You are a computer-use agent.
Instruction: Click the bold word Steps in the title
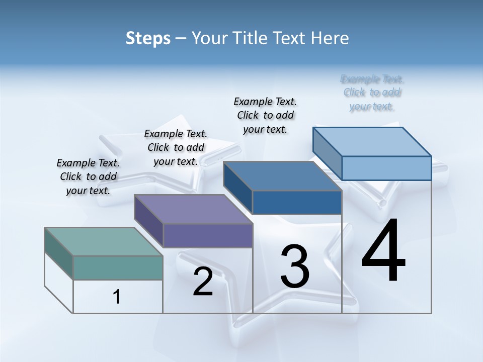click(x=148, y=38)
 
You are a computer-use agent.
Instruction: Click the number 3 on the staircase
click(x=295, y=266)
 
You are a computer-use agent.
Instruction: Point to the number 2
click(x=203, y=282)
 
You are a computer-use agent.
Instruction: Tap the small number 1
click(x=117, y=297)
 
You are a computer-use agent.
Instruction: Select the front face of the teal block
click(x=118, y=267)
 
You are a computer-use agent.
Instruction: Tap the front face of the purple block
click(x=208, y=235)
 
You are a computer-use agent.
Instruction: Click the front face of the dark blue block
click(x=297, y=202)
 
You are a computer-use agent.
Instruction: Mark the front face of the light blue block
click(x=386, y=168)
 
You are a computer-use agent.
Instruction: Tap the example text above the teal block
click(x=88, y=176)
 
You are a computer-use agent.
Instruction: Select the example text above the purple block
click(x=176, y=147)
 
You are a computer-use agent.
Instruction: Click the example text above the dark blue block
click(x=265, y=115)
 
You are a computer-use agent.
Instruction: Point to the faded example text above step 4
click(x=372, y=93)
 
